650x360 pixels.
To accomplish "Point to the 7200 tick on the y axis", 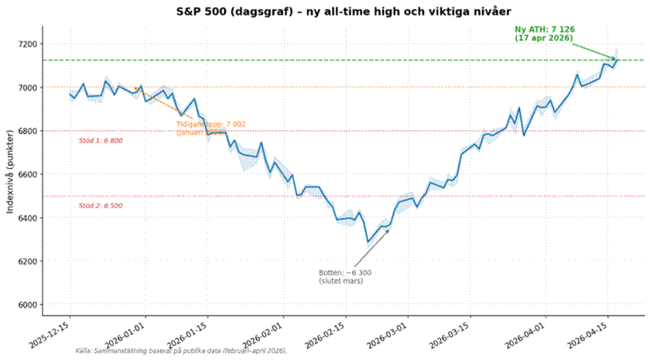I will click(x=29, y=44).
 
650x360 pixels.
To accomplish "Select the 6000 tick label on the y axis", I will click(x=29, y=305).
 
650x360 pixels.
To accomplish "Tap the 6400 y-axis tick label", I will click(x=29, y=218).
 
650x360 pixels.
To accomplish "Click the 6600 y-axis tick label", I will click(x=29, y=175).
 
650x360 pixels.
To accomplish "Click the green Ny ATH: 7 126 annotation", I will click(x=545, y=33).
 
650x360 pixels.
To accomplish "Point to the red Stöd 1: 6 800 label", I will click(x=101, y=141).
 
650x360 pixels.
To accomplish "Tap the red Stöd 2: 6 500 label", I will click(x=101, y=206).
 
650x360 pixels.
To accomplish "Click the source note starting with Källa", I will click(x=181, y=351).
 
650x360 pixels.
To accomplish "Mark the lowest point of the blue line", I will click(x=368, y=242).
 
